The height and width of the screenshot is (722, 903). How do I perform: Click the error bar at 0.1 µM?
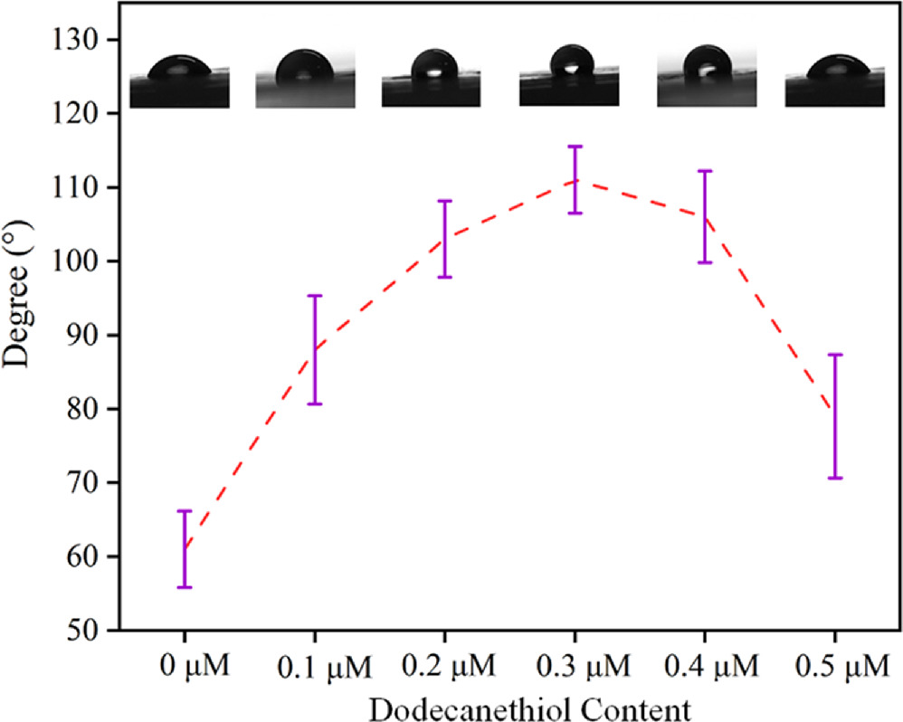315,349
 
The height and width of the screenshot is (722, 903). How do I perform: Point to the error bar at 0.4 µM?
705,217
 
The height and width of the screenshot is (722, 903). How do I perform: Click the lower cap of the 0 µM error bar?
185,587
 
